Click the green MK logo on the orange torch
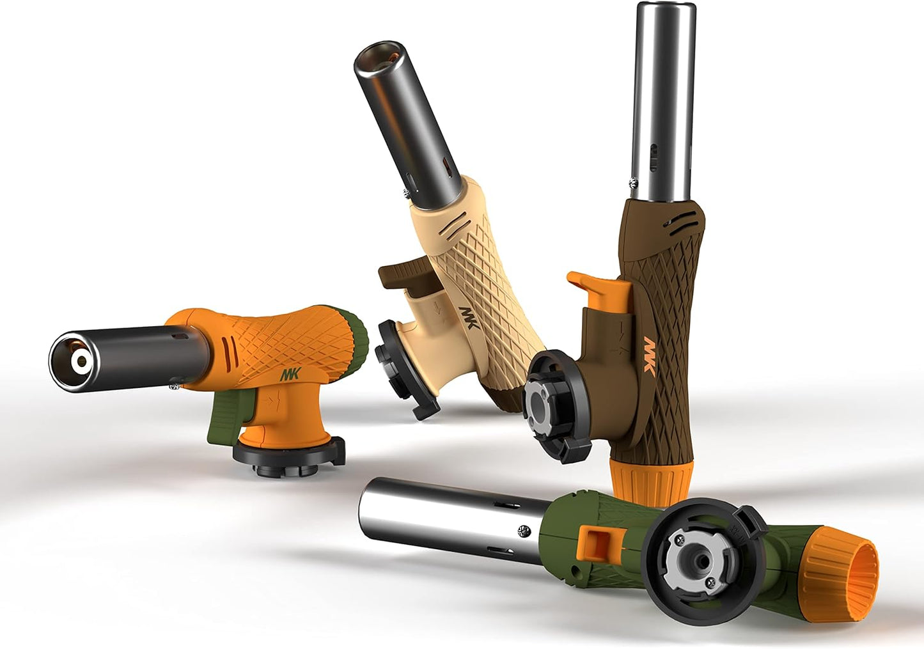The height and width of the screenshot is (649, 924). click(290, 374)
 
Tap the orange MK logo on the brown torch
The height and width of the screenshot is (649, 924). click(650, 355)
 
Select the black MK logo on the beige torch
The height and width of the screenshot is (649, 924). click(468, 317)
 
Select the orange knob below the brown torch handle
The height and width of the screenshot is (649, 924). click(650, 480)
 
